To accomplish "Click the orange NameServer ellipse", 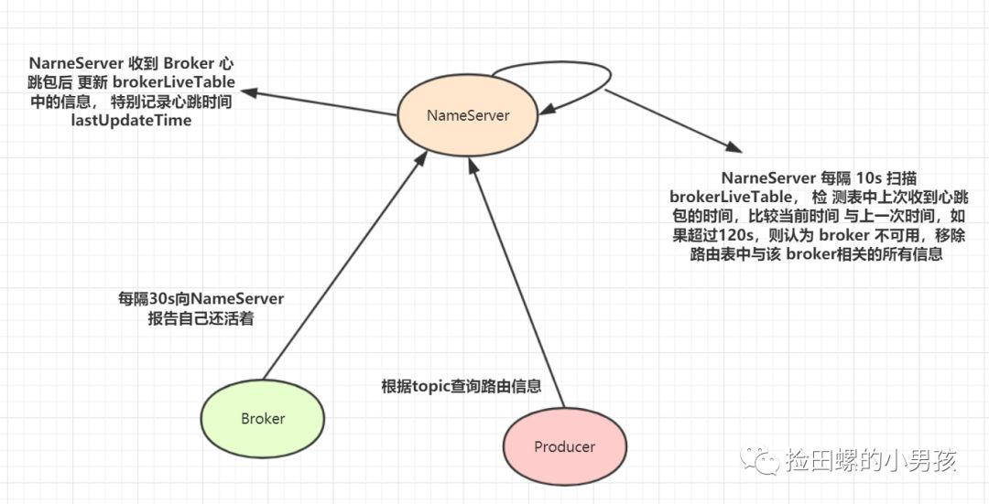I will coord(467,115).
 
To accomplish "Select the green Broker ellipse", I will coord(263,418).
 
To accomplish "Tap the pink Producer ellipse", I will coord(564,446).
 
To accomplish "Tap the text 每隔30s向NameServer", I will coord(201,298).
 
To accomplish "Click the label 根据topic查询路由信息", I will coord(461,386).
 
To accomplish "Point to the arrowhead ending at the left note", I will coord(250,92).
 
